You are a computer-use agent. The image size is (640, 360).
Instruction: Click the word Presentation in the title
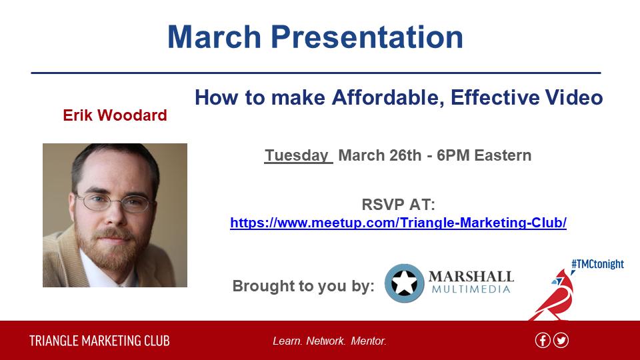pos(367,37)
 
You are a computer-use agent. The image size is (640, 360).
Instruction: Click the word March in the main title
pos(214,37)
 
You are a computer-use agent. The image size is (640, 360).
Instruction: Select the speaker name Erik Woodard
pos(115,115)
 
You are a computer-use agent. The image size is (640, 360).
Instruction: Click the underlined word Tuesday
pos(297,155)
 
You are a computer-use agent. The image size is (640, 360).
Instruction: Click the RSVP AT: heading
pos(399,205)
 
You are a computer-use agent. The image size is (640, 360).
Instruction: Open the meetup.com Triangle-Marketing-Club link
pos(399,223)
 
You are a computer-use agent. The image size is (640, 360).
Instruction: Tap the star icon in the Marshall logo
pos(404,283)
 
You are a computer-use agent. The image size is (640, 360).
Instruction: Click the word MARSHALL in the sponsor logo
pos(471,277)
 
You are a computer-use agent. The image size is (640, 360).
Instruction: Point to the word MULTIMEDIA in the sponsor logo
pos(471,289)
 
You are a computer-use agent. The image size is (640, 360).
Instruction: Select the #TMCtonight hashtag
pos(597,264)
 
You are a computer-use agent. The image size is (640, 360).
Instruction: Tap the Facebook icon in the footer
pos(543,340)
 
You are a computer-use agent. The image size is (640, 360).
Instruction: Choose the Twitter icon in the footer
pos(561,340)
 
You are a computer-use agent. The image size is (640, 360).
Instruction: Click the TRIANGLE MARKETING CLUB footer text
pos(99,341)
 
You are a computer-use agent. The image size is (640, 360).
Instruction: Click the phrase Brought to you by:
pos(303,286)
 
